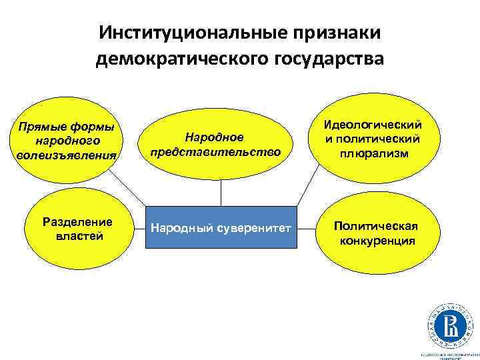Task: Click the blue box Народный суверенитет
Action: tap(221, 228)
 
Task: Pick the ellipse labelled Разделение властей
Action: tap(77, 228)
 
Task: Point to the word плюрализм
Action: tap(372, 153)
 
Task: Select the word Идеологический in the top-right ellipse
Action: tap(372, 125)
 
